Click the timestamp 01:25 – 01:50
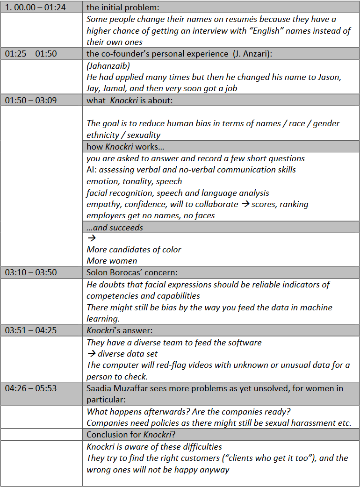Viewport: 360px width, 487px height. (31, 54)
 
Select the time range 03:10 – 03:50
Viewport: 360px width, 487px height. (31, 272)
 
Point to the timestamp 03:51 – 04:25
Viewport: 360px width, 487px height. (31, 330)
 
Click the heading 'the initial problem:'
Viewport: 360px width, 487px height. (118, 7)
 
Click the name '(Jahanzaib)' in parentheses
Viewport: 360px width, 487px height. (108, 65)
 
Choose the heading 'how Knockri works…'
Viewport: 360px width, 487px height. (125, 147)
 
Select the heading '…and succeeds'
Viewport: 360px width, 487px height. (115, 228)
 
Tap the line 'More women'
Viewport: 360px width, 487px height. (112, 261)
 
